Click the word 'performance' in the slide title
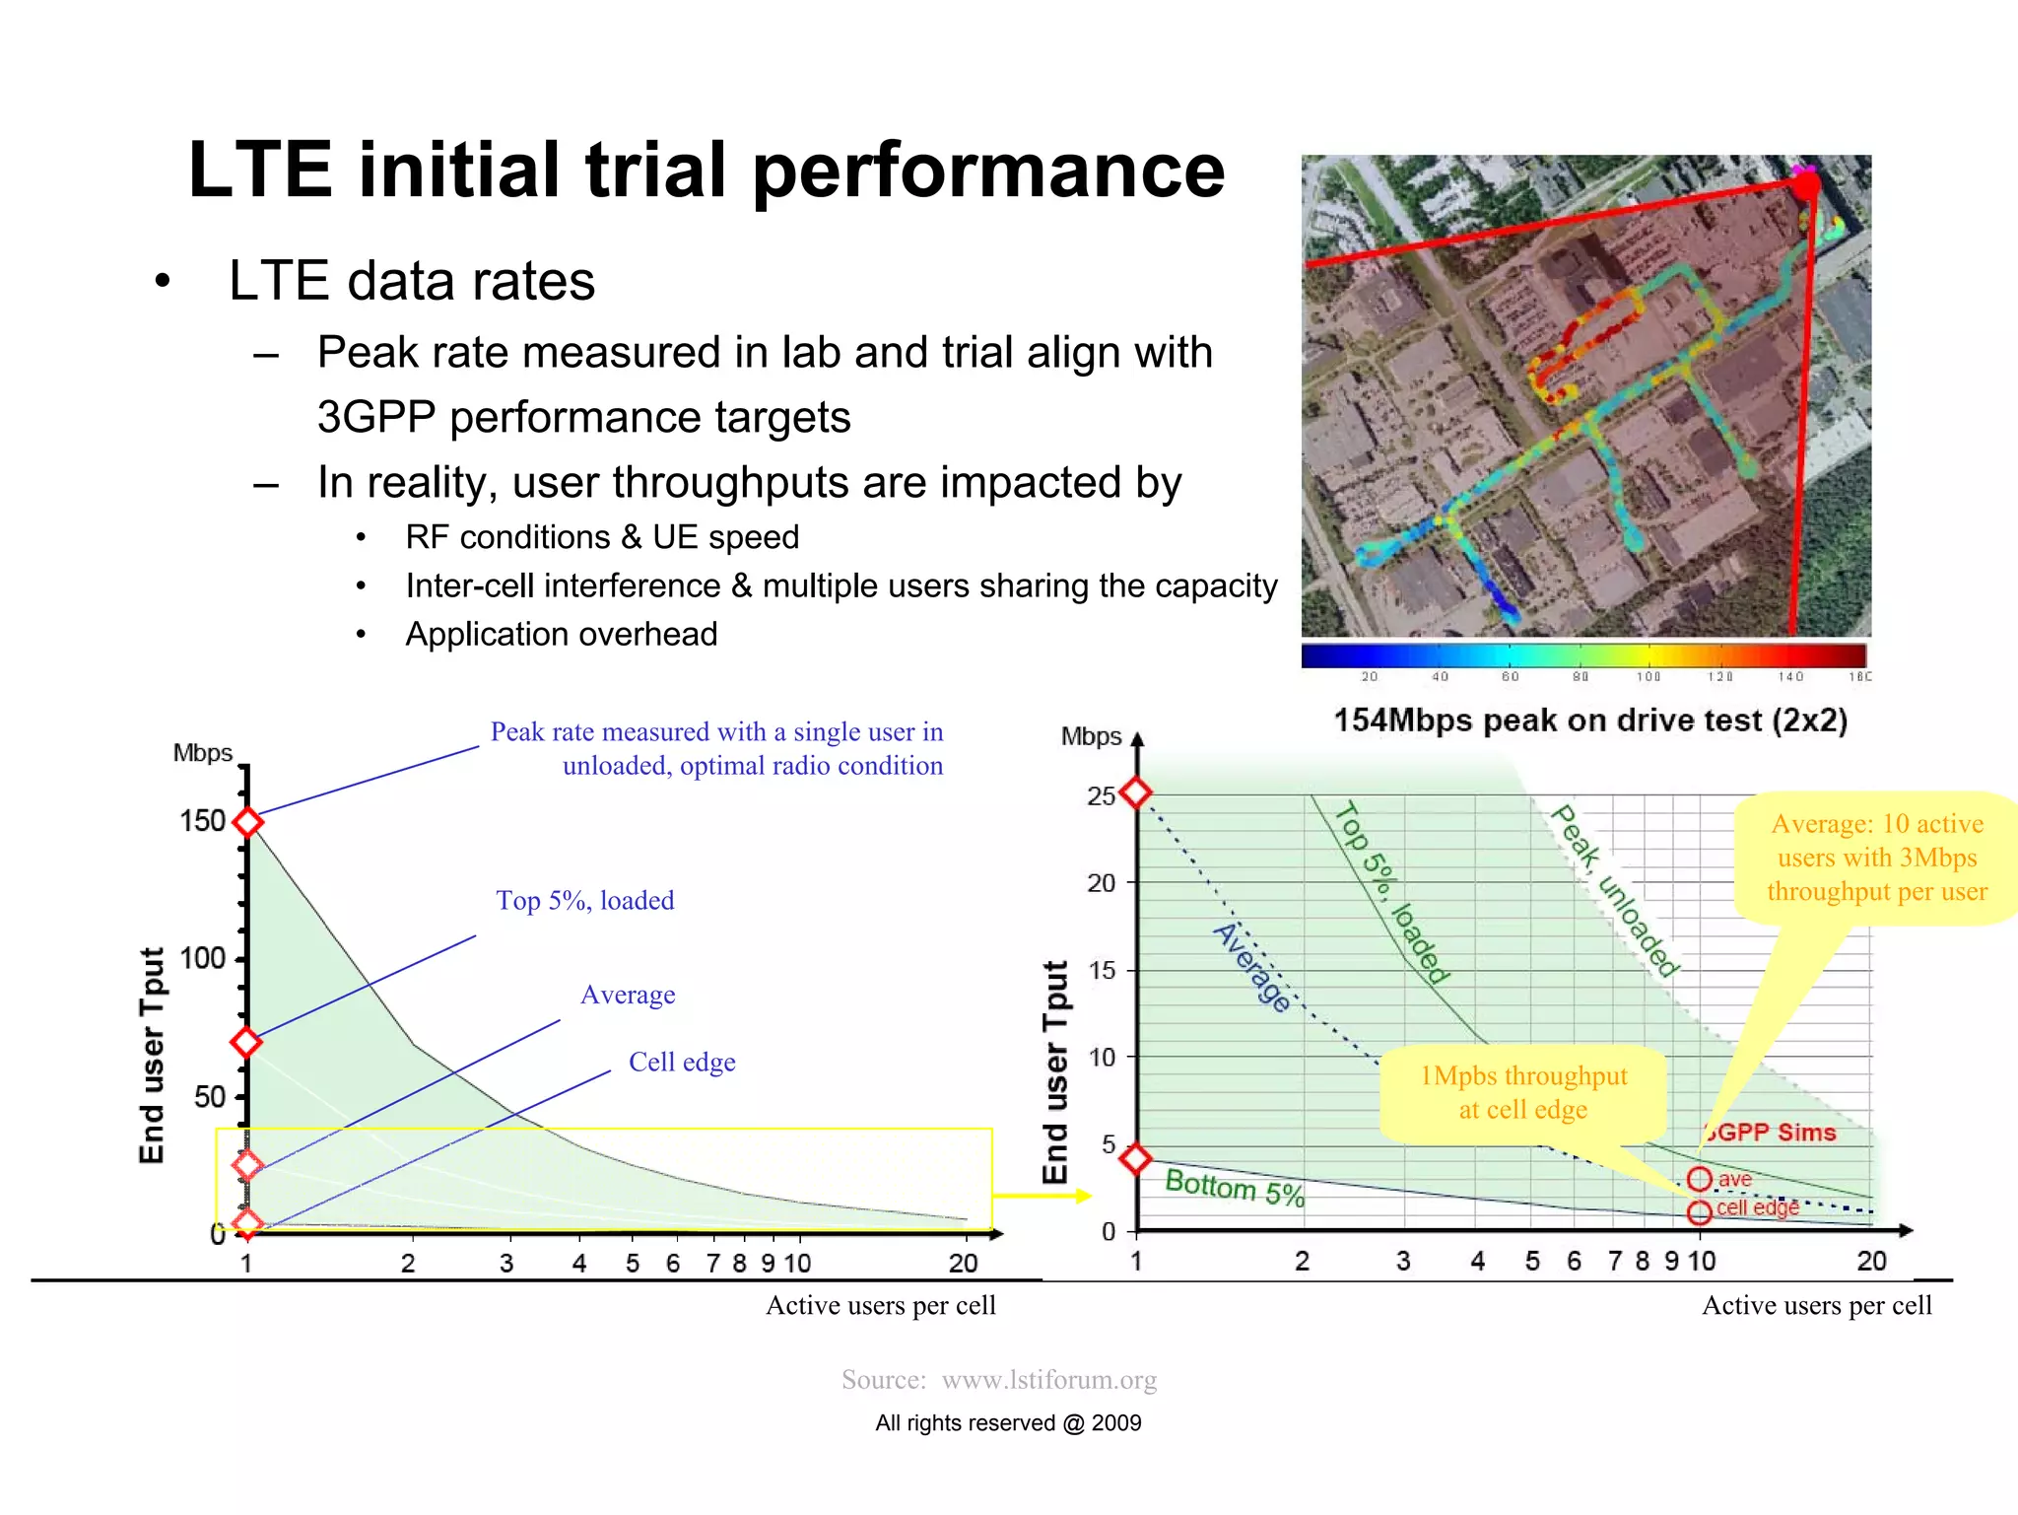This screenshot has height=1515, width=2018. [x=988, y=172]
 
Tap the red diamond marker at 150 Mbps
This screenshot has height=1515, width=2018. [x=247, y=821]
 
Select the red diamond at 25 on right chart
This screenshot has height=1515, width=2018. [x=1136, y=792]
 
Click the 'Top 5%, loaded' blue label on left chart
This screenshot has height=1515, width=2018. [x=585, y=900]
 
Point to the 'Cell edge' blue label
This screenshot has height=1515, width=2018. [x=682, y=1062]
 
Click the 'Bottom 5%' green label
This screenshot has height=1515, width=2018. [x=1234, y=1187]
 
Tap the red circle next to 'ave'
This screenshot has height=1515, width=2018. [x=1699, y=1179]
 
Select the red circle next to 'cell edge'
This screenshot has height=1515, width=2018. [x=1699, y=1211]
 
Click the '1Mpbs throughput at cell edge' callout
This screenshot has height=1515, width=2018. [x=1523, y=1092]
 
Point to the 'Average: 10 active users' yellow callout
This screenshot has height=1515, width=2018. [x=1876, y=858]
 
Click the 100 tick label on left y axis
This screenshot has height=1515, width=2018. [x=202, y=958]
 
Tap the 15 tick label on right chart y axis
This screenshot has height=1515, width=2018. [x=1101, y=970]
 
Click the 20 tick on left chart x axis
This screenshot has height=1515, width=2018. [x=963, y=1263]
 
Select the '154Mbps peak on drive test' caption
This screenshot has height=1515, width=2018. [x=1589, y=721]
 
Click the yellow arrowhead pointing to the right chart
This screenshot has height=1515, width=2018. [x=1083, y=1196]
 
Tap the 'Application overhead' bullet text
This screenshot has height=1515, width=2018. [x=561, y=634]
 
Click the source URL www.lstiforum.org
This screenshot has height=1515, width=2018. [x=1048, y=1379]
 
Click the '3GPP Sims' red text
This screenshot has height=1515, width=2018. [x=1771, y=1133]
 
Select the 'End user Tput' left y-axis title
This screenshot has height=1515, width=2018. [x=152, y=1055]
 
